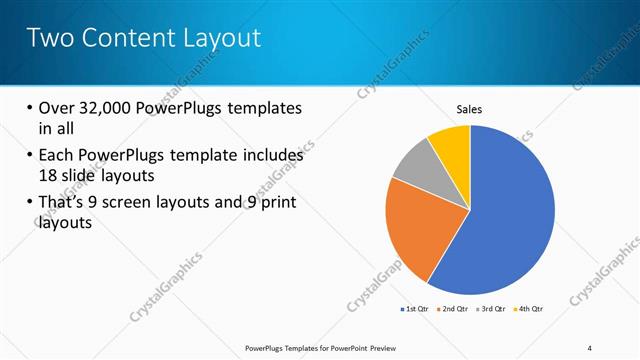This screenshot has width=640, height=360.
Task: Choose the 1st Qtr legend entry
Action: (415, 308)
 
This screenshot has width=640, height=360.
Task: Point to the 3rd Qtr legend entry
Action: (493, 308)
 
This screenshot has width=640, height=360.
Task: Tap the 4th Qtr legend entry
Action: (530, 308)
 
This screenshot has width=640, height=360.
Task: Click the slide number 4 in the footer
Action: (589, 348)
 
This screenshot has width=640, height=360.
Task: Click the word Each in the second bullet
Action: (57, 156)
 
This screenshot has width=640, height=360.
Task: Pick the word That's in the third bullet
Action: (66, 203)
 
